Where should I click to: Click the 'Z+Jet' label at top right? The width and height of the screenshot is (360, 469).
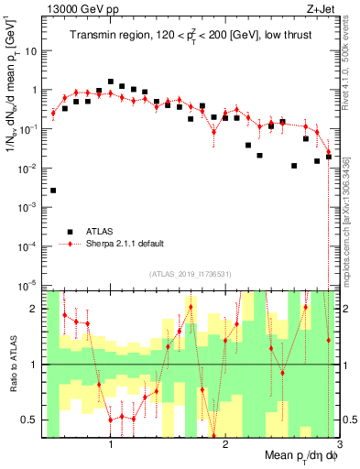click(322, 8)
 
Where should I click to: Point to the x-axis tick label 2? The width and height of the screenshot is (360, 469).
click(225, 443)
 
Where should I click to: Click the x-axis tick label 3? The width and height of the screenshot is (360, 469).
click(338, 443)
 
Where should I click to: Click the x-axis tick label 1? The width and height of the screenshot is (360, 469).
click(111, 443)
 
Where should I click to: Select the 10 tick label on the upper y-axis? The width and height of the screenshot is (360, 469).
click(31, 51)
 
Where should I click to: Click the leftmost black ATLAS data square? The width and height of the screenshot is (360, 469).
click(54, 191)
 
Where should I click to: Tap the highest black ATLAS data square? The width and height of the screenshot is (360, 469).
click(111, 82)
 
